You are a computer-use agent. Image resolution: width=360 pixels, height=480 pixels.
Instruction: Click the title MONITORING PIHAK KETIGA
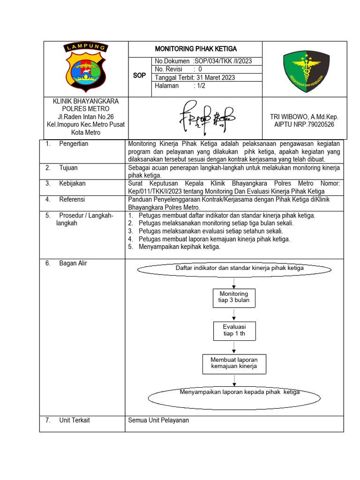point(195,49)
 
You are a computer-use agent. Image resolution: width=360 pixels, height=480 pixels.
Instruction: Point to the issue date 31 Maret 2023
point(213,78)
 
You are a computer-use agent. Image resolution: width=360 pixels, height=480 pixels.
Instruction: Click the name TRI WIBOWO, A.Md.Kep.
point(304,117)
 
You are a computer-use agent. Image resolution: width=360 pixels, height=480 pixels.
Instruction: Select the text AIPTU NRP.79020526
point(304,125)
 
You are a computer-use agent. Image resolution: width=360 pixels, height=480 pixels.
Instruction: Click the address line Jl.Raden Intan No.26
point(86,117)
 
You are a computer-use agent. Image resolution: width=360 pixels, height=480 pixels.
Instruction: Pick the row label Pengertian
point(74,144)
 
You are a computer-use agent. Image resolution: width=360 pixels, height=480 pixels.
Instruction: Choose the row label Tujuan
point(68,167)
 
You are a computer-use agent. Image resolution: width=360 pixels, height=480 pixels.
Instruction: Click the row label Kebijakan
point(72,184)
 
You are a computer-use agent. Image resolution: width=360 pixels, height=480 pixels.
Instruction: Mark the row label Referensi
point(72,200)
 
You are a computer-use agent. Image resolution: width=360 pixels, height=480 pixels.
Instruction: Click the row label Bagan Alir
point(73,263)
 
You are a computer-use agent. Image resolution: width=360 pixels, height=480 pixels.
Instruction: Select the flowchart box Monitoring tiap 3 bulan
point(234,297)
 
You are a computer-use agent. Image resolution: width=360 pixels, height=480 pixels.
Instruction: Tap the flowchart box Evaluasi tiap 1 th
point(234,330)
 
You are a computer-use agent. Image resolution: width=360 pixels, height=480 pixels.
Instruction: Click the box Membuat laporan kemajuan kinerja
point(234,363)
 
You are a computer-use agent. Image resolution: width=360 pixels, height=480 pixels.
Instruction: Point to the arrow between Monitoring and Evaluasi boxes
point(234,315)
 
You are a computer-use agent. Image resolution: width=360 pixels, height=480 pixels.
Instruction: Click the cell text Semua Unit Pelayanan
point(158,420)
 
